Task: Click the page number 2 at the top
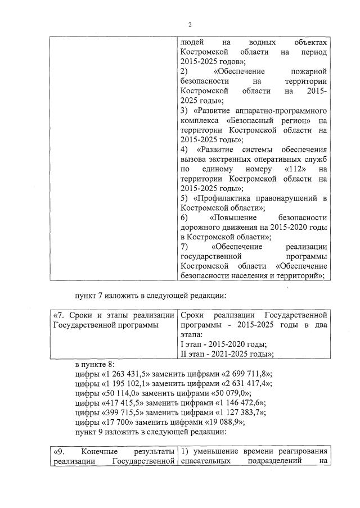coord(190,24)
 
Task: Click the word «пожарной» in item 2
coord(309,71)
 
